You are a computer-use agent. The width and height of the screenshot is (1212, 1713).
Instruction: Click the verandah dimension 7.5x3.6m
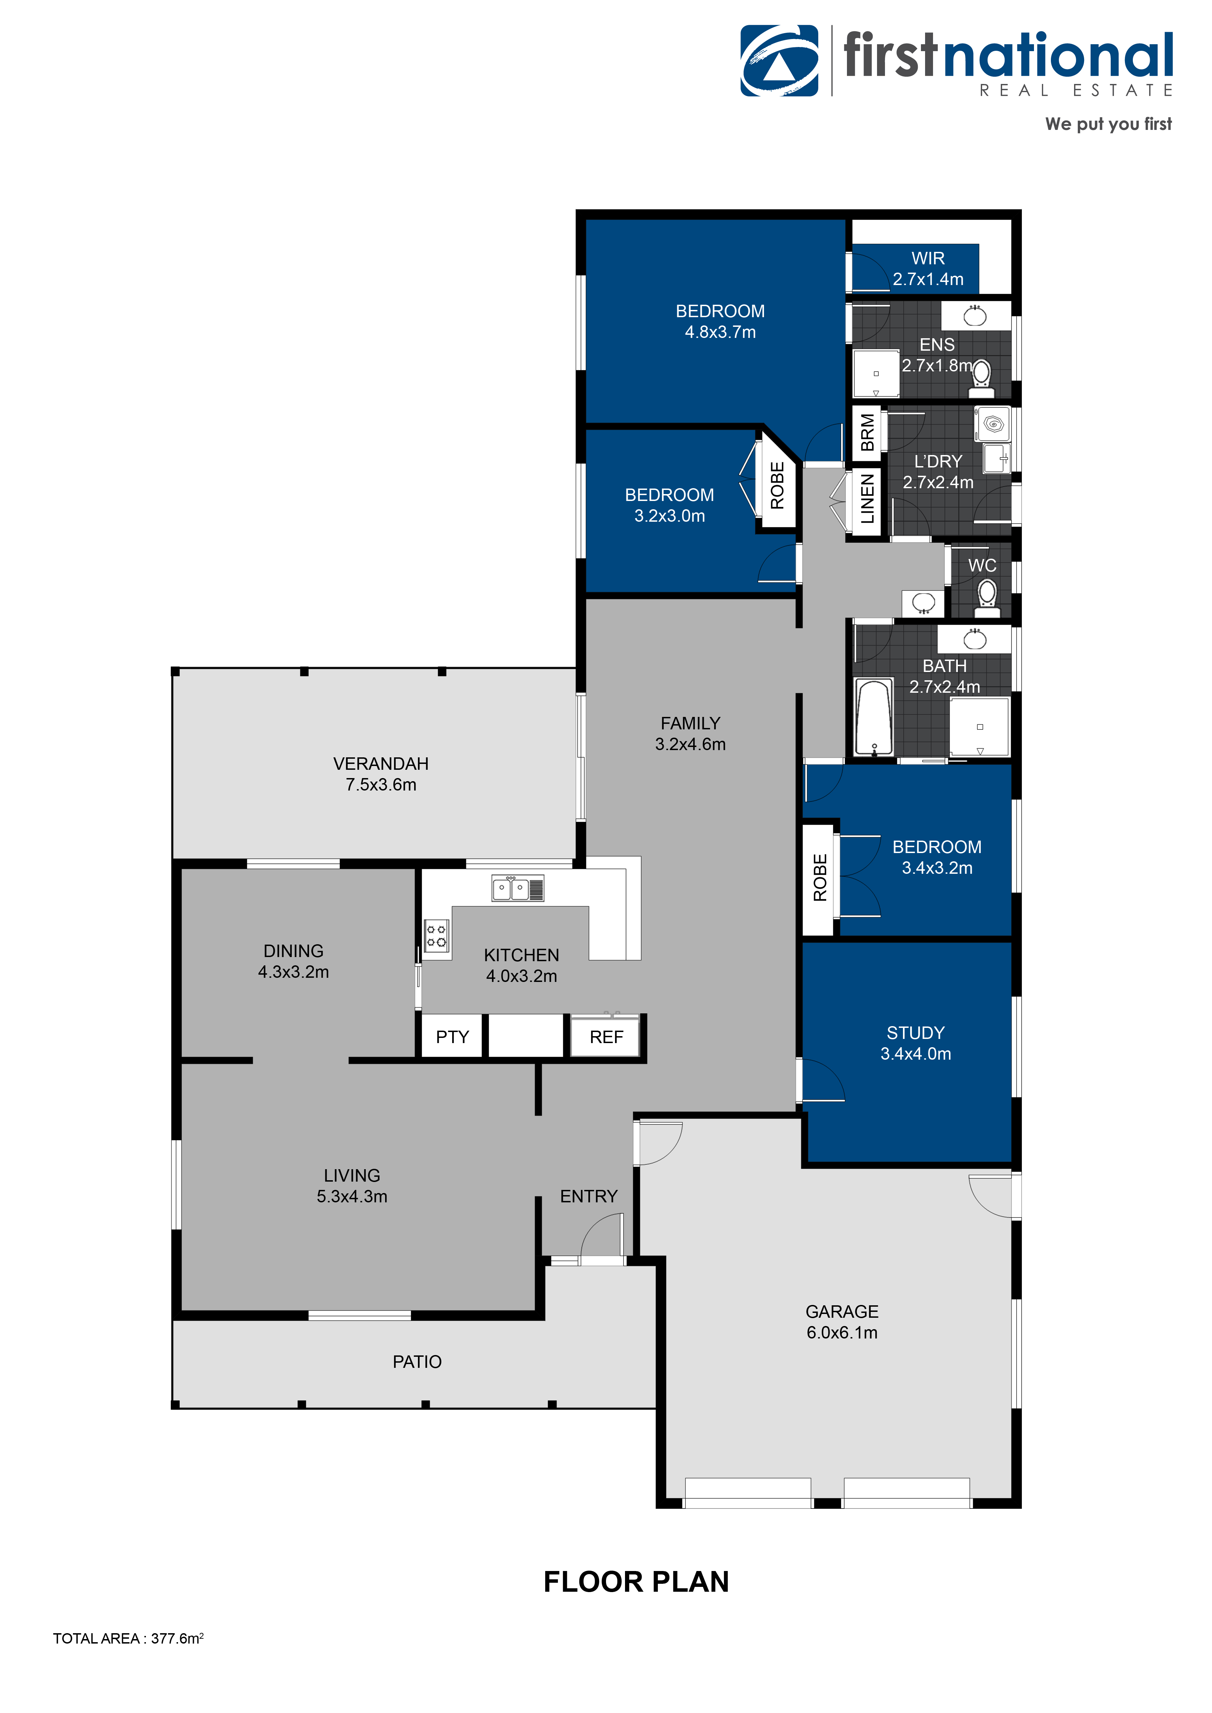tap(381, 785)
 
